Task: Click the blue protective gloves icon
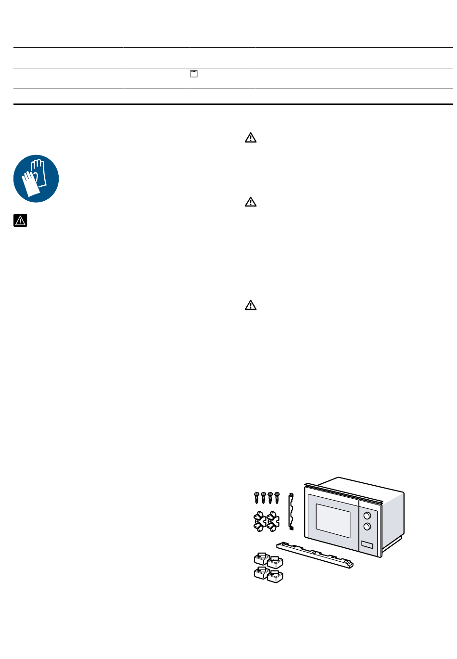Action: click(36, 179)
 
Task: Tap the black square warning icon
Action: click(20, 220)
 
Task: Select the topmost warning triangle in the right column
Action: click(251, 138)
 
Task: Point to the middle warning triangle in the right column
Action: click(251, 202)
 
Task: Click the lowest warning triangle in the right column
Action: click(251, 305)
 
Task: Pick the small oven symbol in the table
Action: click(194, 74)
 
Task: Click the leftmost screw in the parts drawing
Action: click(257, 497)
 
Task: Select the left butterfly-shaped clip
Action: click(260, 521)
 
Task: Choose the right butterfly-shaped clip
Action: click(273, 521)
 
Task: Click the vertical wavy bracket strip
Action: click(291, 510)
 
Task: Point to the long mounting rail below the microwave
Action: click(316, 555)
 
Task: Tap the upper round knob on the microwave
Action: click(367, 516)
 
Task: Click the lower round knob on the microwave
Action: click(367, 527)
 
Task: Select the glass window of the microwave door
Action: click(332, 520)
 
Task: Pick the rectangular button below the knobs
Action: click(367, 545)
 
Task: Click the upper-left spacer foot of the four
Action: click(262, 558)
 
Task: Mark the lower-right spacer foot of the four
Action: click(275, 576)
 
